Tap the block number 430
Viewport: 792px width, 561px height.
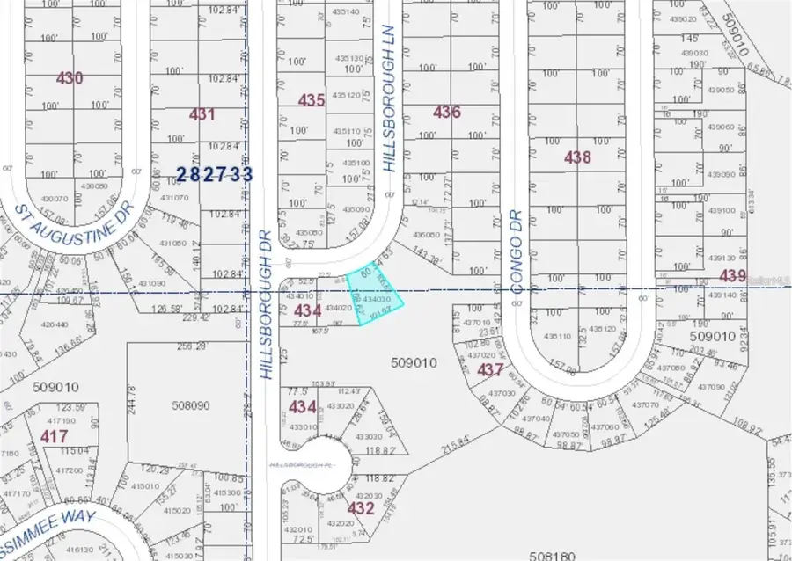click(70, 78)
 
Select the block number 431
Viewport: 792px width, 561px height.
click(202, 114)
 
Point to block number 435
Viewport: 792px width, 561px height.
click(312, 100)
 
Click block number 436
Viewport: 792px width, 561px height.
click(447, 112)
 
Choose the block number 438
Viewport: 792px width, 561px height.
click(577, 157)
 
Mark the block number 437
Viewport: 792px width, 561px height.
click(490, 370)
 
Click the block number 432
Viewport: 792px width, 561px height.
click(362, 507)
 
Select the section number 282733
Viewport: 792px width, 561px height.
click(215, 174)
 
